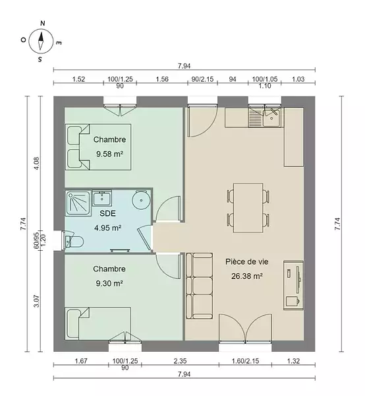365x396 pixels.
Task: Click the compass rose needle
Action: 41,40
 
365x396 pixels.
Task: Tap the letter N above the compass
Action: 43,24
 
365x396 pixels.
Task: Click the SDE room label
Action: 107,213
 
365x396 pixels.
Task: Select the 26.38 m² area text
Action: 247,276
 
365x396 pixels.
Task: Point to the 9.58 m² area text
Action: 109,154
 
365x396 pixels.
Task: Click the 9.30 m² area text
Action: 109,283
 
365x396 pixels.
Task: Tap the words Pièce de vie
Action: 247,261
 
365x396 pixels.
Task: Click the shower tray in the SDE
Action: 78,203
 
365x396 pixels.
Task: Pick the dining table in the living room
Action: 248,208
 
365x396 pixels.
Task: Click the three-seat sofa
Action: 200,286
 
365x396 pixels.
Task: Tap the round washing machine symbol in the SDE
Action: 141,200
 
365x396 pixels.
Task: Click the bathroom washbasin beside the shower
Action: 102,199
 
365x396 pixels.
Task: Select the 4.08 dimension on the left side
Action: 36,164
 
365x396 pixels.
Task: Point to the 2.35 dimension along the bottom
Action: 180,361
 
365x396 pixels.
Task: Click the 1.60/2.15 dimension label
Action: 245,361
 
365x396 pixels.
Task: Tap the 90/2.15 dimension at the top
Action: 202,79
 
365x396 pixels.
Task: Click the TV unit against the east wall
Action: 293,285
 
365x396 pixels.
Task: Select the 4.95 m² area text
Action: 108,228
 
